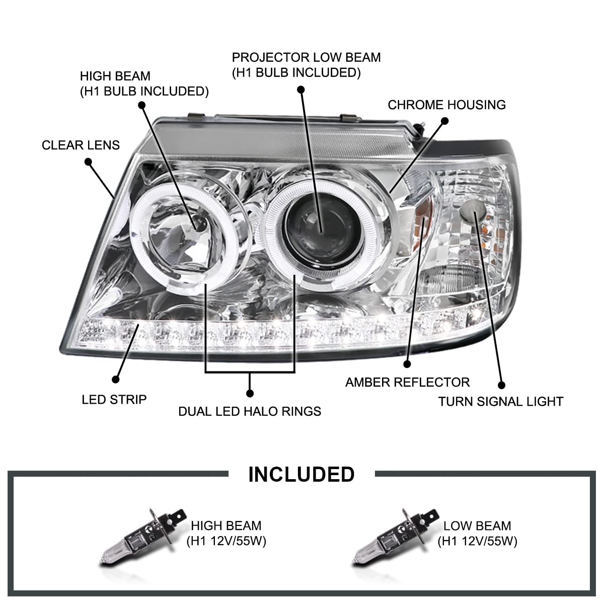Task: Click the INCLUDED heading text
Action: [x=301, y=474]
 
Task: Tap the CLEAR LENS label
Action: [x=81, y=145]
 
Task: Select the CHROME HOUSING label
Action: [x=446, y=105]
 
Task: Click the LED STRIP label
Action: [x=114, y=400]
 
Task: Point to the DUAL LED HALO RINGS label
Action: [x=250, y=411]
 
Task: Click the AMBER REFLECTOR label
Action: [x=407, y=382]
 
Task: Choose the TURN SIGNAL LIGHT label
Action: [x=500, y=401]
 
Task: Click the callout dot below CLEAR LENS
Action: [x=89, y=162]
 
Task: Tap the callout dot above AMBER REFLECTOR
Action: [x=407, y=363]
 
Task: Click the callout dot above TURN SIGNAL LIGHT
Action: [x=501, y=385]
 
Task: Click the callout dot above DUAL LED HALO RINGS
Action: [x=250, y=393]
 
